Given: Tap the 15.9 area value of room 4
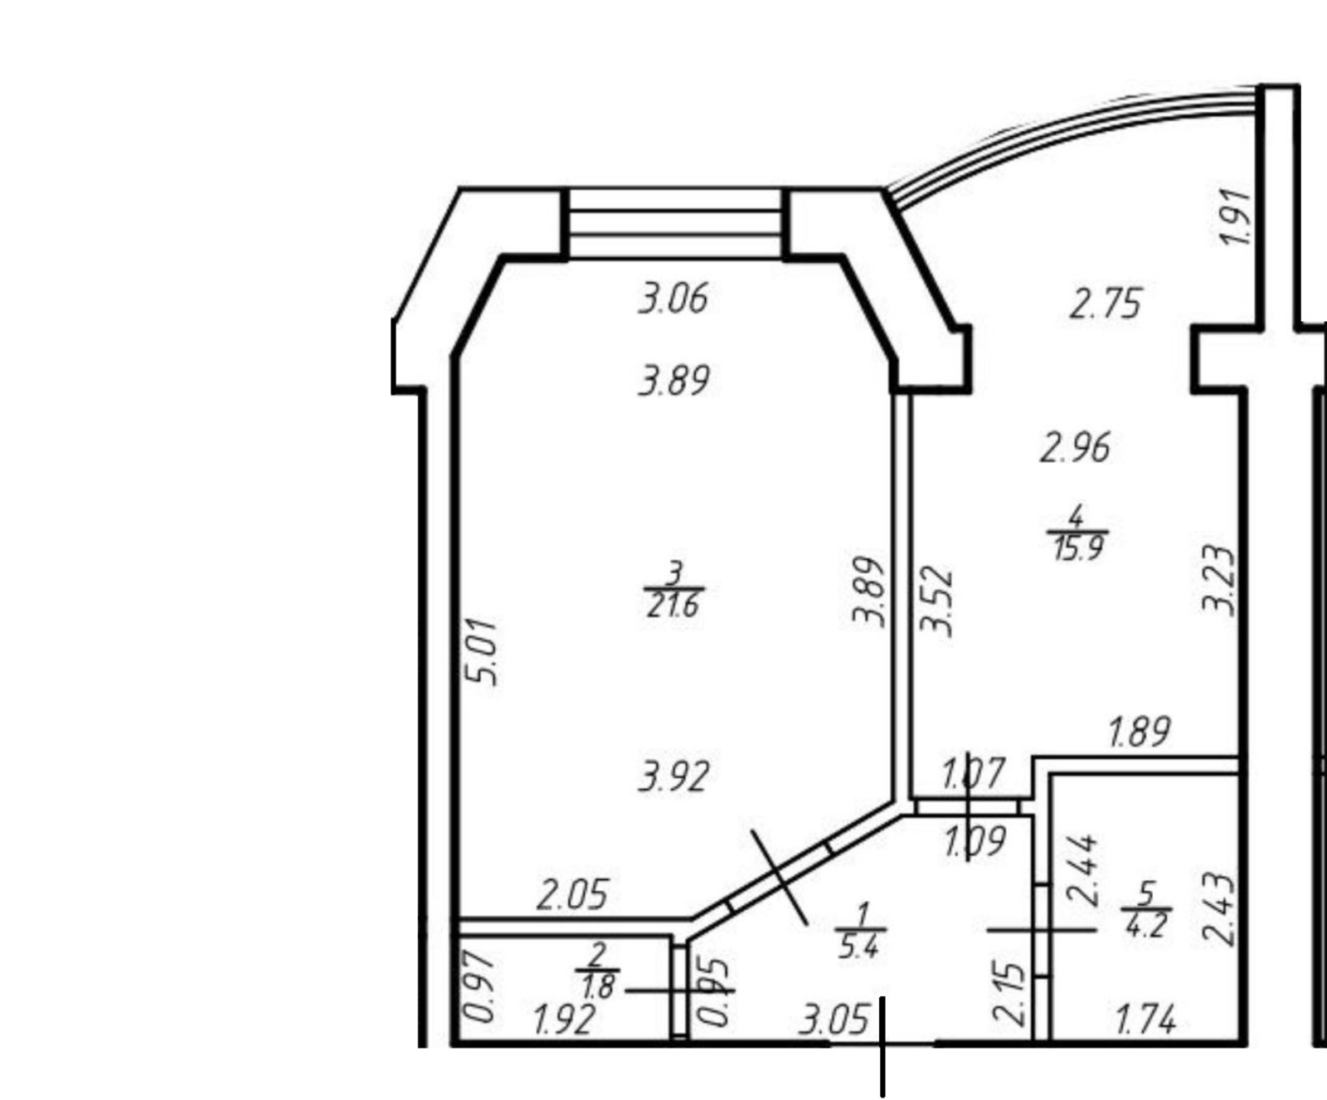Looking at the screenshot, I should pyautogui.click(x=1077, y=548).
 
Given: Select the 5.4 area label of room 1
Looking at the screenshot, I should pyautogui.click(x=858, y=947).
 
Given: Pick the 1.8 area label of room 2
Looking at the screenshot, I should pyautogui.click(x=597, y=987).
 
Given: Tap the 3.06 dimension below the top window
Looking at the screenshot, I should pyautogui.click(x=673, y=299).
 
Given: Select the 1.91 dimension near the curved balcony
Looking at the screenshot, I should pyautogui.click(x=1235, y=217).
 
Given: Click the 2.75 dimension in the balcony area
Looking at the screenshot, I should pyautogui.click(x=1106, y=304).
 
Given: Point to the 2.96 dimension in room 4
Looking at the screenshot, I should pyautogui.click(x=1075, y=448).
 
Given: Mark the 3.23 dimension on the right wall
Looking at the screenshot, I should pyautogui.click(x=1219, y=578).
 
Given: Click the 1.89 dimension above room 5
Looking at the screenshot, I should pyautogui.click(x=1140, y=732).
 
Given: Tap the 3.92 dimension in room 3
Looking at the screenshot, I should pyautogui.click(x=673, y=777).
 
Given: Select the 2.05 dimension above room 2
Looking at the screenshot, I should pyautogui.click(x=572, y=895).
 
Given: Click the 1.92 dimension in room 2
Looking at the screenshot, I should pyautogui.click(x=564, y=1020).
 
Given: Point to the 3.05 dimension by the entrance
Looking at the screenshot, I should pyautogui.click(x=834, y=1020).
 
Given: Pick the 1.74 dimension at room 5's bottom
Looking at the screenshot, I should pyautogui.click(x=1145, y=1020).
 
